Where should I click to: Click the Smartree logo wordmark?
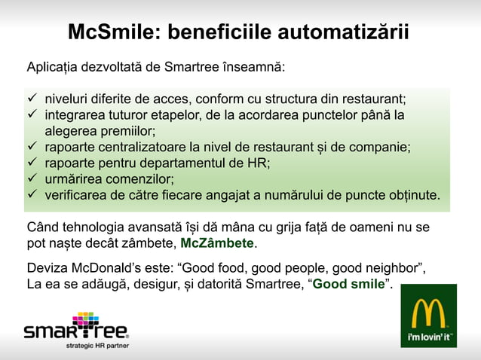[x=75, y=331]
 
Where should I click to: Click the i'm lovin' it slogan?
[x=429, y=336]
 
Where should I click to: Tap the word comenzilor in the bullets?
[x=136, y=179]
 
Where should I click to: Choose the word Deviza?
[x=46, y=268]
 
